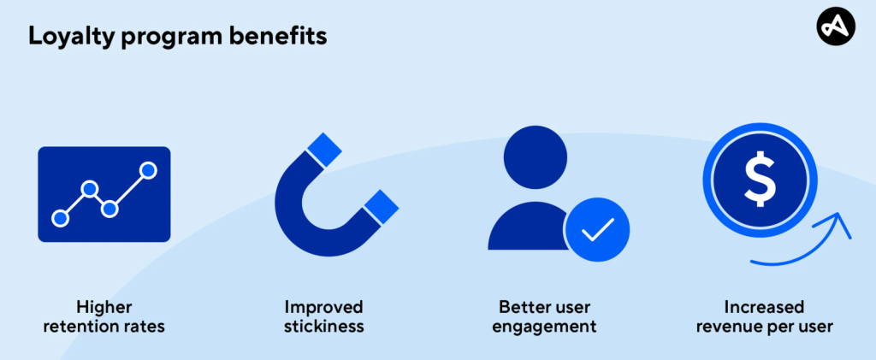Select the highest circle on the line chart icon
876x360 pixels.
(x=148, y=170)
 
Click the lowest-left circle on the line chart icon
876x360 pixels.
(x=60, y=218)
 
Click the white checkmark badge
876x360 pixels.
(x=597, y=229)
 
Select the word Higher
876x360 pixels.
(x=104, y=307)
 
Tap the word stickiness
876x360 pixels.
(x=324, y=326)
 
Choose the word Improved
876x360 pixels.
(x=324, y=307)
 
